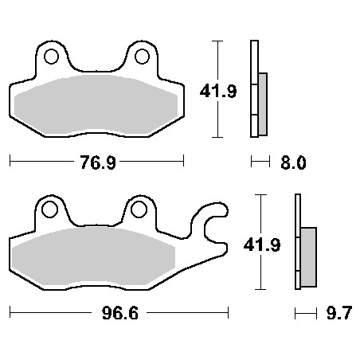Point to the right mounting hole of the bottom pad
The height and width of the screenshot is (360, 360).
(139, 210)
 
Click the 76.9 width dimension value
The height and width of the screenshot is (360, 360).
(96, 162)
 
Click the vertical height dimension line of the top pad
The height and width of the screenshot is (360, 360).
(218, 88)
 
